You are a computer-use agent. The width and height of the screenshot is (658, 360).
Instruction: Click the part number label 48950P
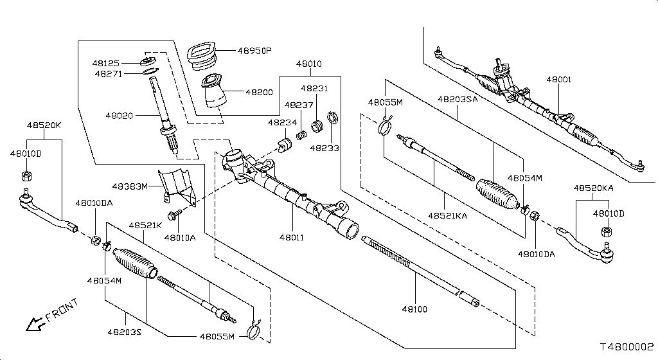click(x=255, y=51)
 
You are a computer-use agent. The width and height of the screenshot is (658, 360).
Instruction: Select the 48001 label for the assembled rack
click(x=558, y=80)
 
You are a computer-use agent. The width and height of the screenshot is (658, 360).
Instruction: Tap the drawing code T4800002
click(x=627, y=346)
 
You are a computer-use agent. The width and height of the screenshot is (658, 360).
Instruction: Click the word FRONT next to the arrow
click(x=62, y=310)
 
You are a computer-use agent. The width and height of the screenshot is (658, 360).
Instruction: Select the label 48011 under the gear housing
click(x=291, y=238)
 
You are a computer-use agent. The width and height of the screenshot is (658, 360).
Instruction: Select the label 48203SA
click(x=458, y=100)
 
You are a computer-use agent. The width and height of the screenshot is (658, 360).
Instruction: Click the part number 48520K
click(x=44, y=125)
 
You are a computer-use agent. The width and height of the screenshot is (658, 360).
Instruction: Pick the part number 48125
click(x=107, y=64)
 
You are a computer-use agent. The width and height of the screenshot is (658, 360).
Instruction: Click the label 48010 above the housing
click(x=309, y=65)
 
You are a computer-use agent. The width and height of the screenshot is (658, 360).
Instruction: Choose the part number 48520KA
click(x=594, y=188)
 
